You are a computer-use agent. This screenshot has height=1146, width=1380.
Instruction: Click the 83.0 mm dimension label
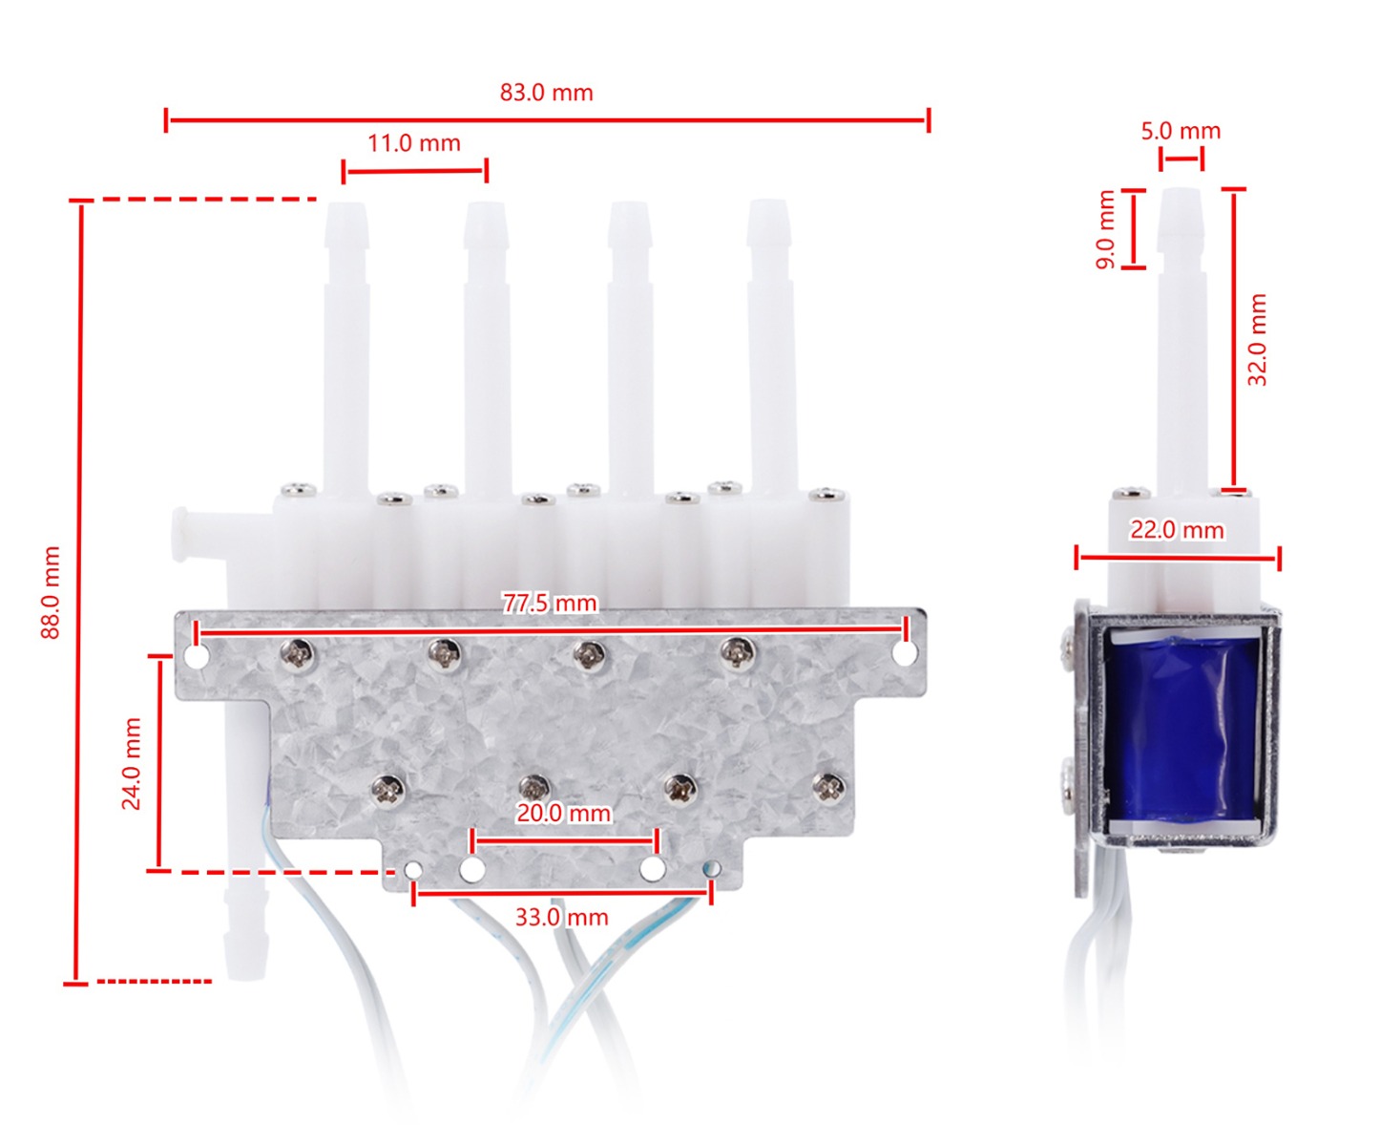[546, 93]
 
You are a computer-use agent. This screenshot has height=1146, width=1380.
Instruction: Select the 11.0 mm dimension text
[414, 143]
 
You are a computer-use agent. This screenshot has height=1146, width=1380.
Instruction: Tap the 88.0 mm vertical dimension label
[51, 592]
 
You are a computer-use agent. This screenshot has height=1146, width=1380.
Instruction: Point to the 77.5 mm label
[550, 603]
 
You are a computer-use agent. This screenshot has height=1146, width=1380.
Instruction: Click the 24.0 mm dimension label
[132, 763]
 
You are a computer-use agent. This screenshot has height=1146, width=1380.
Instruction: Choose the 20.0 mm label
[563, 813]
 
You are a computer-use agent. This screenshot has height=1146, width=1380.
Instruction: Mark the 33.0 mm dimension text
[561, 917]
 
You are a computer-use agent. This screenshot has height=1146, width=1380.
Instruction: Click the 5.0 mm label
[1181, 131]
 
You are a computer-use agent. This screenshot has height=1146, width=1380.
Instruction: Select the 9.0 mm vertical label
[1105, 229]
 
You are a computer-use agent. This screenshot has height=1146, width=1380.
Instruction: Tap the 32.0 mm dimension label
[1258, 339]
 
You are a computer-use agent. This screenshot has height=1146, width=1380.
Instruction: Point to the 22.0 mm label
[1177, 530]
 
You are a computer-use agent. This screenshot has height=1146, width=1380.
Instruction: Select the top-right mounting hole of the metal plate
[905, 654]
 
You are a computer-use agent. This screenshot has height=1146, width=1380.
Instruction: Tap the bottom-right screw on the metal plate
[827, 787]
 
